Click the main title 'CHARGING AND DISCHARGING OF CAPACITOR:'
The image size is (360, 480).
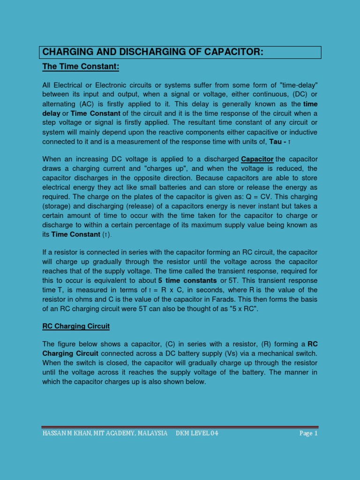pos(153,52)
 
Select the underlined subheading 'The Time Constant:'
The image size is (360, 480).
pos(81,67)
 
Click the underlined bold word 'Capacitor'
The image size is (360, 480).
pos(257,159)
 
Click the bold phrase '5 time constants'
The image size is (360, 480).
pos(187,280)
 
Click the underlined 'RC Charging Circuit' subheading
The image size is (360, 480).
pos(76,326)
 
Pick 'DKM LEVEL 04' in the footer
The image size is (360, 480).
pos(197,433)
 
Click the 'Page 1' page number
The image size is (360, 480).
pos(308,433)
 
